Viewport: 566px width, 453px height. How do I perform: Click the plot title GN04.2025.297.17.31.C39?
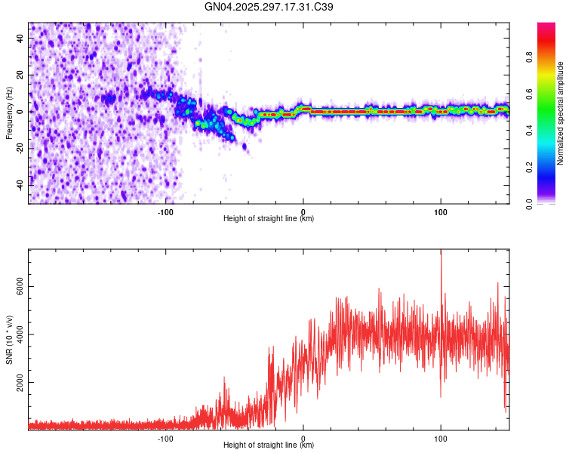pos(269,7)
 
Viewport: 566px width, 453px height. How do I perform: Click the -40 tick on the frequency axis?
pos(21,184)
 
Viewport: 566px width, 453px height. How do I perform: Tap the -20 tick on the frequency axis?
pos(21,148)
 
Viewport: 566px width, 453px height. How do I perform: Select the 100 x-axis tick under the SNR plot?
pos(441,437)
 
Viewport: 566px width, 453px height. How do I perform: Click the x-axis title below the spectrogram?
pos(269,219)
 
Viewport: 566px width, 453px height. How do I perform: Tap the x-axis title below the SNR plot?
pos(269,445)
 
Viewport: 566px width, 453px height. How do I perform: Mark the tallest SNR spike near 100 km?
pos(441,254)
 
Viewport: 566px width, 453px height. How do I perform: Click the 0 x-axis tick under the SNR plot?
pos(303,437)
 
